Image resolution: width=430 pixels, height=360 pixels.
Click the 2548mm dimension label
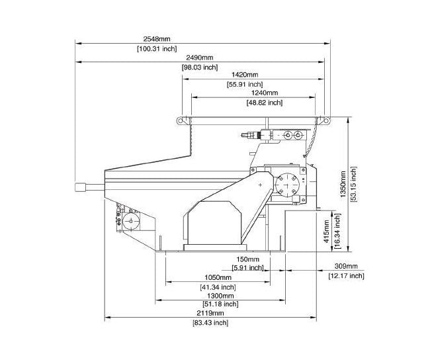pos(157,38)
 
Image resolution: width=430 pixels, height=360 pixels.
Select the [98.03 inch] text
pos(200,67)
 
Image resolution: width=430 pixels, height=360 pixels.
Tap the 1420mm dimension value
pos(245,74)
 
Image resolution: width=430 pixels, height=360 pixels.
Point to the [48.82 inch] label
pos(265,103)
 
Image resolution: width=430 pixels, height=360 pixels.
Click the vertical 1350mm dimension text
pos(343,184)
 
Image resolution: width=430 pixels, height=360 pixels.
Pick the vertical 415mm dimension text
pos(326,231)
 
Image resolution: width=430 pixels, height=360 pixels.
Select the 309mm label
pos(346,266)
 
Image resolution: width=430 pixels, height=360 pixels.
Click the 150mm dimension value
pos(247,259)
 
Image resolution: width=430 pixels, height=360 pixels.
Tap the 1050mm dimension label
pos(218,277)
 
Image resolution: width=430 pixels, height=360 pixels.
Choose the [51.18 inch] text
pos(220,304)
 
